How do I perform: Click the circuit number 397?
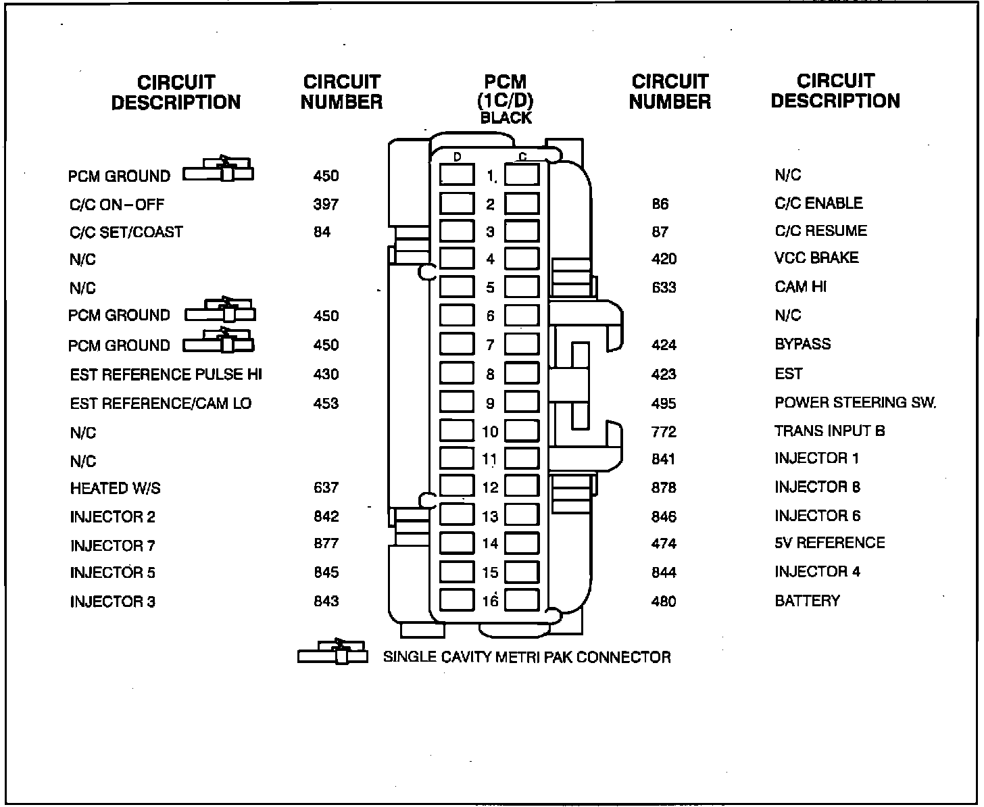tap(326, 204)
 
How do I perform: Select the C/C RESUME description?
tap(820, 231)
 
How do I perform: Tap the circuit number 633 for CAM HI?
tap(664, 287)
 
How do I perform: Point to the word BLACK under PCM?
tap(506, 118)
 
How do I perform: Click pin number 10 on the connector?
tap(490, 432)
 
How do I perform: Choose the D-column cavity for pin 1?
tap(457, 175)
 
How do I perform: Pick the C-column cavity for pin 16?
tap(522, 600)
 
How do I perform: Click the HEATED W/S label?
tap(115, 488)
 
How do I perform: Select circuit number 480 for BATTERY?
tap(664, 602)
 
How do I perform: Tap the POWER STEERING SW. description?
tap(855, 403)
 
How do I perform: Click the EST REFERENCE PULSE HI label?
tap(166, 374)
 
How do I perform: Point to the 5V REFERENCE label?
tap(829, 543)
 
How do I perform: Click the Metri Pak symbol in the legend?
tap(333, 652)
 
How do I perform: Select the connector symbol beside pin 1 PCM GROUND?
tap(219, 170)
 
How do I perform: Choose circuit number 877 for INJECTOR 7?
tap(326, 543)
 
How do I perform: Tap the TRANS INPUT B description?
tap(829, 431)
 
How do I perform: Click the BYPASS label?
tap(802, 344)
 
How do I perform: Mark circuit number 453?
tap(326, 403)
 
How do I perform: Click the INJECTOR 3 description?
tap(112, 602)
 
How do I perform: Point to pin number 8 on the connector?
tap(490, 374)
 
